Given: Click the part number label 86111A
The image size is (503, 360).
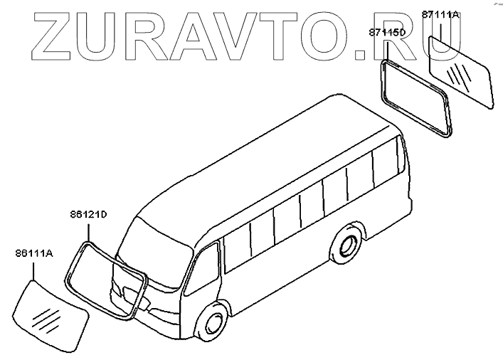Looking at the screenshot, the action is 33,253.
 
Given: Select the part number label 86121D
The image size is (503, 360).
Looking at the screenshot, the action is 88,213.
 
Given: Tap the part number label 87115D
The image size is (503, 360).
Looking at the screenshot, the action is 387,33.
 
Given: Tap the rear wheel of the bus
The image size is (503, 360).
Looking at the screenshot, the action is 348,245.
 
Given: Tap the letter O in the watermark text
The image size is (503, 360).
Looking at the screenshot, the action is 333,36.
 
